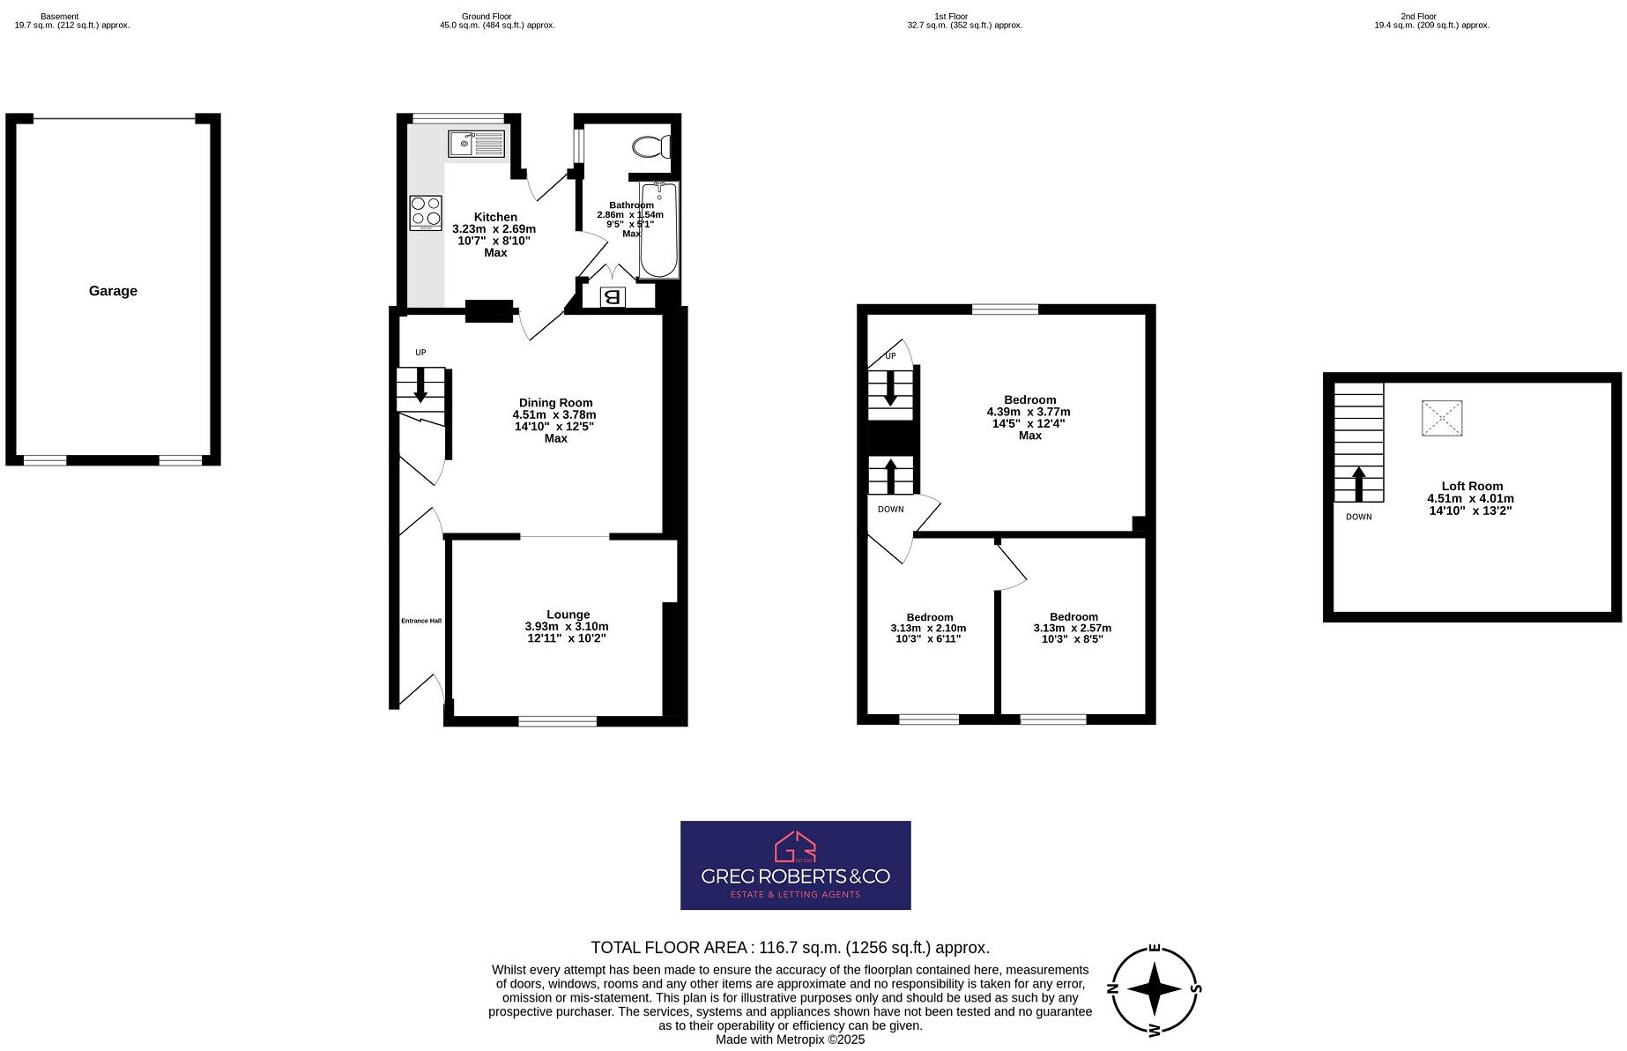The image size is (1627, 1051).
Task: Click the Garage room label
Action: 113,291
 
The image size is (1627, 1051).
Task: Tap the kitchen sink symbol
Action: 475,143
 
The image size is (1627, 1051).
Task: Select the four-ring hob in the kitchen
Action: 426,212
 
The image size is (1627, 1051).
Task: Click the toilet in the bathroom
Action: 652,146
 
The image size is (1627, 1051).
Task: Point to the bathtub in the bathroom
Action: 658,229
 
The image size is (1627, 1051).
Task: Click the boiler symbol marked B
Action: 613,297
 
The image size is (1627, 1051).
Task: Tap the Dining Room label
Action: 555,403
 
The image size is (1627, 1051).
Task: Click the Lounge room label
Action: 568,615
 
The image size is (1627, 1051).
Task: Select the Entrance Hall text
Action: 421,621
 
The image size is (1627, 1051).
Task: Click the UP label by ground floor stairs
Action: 420,353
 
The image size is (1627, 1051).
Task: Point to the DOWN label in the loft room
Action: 1358,517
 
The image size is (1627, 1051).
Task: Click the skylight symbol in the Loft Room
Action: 1442,418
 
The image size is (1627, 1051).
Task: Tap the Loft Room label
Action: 1472,486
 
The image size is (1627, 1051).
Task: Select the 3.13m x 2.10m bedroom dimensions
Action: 928,629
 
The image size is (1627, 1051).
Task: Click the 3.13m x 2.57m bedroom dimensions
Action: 1072,629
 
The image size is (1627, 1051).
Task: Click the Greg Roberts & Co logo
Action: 795,865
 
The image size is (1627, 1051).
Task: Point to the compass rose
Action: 1154,989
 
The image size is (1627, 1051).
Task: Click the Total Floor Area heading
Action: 790,948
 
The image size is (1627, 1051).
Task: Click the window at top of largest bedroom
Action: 1006,309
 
